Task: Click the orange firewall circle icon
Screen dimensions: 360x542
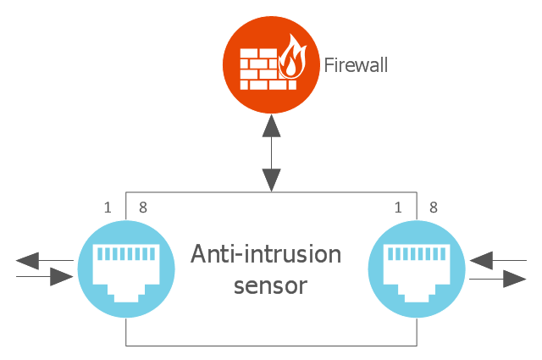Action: [x=271, y=65]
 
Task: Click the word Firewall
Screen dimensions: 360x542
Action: [x=357, y=64]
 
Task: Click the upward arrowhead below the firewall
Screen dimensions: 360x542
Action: [x=271, y=127]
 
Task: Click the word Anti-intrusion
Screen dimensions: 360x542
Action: [x=266, y=254]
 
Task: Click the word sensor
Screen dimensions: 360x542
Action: [x=270, y=285]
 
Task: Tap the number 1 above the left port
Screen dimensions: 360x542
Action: [x=108, y=207]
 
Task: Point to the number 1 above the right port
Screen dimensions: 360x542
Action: [x=399, y=207]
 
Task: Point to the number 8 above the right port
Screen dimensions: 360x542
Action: [x=433, y=207]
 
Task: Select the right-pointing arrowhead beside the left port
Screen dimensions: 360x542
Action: [x=61, y=276]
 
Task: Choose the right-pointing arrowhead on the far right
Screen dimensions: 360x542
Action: [x=515, y=278]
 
